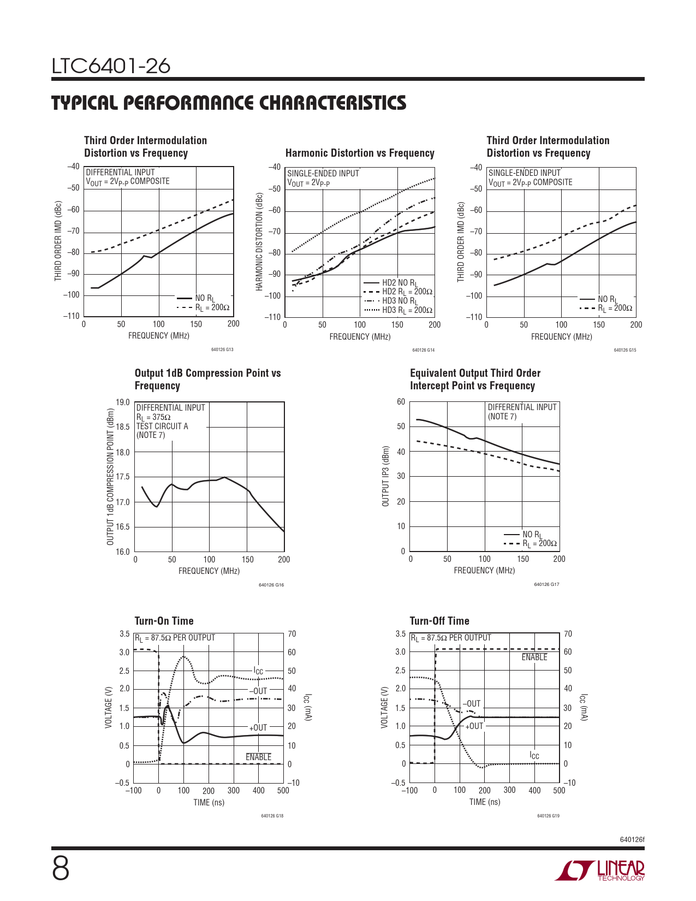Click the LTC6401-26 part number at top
click(111, 67)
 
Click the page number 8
click(61, 869)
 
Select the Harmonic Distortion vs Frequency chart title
click(360, 153)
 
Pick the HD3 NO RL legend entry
click(400, 301)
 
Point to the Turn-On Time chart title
click(164, 621)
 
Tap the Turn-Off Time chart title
click(439, 621)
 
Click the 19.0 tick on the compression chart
click(123, 403)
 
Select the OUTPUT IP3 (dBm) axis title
click(386, 477)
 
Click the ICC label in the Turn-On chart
click(258, 671)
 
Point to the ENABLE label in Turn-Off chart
click(534, 657)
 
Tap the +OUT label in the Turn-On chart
click(258, 728)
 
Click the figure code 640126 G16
click(271, 585)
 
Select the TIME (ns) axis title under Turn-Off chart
click(484, 802)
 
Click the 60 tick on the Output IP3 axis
click(401, 402)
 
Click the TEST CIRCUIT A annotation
click(162, 426)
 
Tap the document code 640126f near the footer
click(632, 839)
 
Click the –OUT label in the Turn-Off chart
click(472, 704)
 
